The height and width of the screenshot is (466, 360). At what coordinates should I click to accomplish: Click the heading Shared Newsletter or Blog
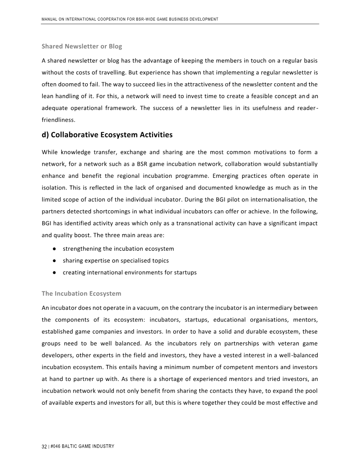(81, 46)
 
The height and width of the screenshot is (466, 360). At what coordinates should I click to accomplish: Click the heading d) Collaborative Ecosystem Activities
(107, 135)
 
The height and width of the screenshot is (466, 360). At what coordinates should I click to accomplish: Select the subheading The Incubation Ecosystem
(81, 294)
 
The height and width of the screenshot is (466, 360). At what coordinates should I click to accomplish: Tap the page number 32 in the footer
(44, 446)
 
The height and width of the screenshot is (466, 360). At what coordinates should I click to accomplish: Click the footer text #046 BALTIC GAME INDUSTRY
(82, 446)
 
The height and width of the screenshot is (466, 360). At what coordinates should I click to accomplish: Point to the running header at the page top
(130, 19)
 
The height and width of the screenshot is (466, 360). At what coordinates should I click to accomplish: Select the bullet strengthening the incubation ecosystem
(118, 249)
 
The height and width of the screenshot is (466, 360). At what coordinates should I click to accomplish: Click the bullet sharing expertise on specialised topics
(116, 261)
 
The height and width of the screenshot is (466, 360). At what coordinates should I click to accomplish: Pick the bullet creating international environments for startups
(130, 272)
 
